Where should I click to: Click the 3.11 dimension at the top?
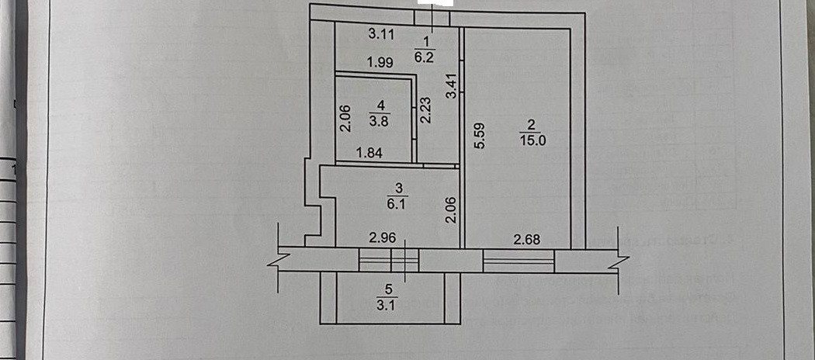(x=381, y=33)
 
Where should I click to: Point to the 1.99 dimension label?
(x=381, y=63)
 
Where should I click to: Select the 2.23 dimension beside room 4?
(x=425, y=110)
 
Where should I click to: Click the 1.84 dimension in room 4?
(x=369, y=153)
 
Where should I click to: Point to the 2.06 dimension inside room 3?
(x=451, y=210)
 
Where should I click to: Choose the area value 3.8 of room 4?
(x=381, y=119)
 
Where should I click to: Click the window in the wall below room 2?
(x=518, y=260)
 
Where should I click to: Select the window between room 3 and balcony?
(x=389, y=259)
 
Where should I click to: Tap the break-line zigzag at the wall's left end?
(x=276, y=258)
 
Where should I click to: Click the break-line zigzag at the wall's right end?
(x=623, y=258)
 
